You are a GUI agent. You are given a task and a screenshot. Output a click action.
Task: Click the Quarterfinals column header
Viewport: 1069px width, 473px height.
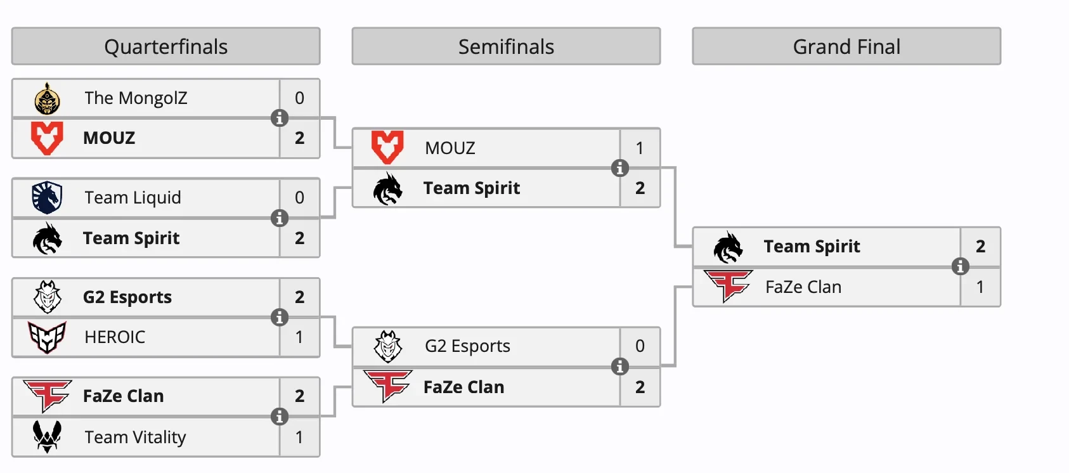click(165, 46)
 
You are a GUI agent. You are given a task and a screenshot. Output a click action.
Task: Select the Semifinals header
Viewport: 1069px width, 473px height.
click(506, 46)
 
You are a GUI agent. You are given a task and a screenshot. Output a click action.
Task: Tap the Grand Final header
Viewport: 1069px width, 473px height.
click(846, 46)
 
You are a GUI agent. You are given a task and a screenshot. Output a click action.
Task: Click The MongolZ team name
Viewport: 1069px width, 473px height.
click(136, 98)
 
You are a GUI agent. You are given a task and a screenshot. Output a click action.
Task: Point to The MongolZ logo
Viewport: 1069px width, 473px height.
click(47, 99)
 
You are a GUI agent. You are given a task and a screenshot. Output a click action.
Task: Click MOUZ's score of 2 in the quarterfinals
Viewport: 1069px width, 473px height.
click(300, 138)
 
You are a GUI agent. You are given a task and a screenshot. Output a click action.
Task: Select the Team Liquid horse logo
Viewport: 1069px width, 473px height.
click(47, 198)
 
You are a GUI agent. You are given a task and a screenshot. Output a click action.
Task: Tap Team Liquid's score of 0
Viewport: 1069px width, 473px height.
click(300, 198)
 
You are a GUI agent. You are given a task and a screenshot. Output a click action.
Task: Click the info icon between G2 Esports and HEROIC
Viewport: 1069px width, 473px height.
click(280, 317)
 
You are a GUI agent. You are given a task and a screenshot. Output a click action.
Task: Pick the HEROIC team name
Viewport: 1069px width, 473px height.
click(115, 337)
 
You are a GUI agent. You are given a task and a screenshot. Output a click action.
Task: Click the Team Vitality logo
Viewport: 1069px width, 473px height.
click(47, 437)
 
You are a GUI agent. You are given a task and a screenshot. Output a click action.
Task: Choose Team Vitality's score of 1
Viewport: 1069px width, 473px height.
click(300, 437)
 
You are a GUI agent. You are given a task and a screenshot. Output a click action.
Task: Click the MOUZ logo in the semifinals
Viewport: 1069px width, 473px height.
click(387, 148)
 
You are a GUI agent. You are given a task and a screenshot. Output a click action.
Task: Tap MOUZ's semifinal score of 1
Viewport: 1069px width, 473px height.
click(640, 148)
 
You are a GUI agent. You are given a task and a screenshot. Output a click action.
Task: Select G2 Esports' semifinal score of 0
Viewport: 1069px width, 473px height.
click(640, 346)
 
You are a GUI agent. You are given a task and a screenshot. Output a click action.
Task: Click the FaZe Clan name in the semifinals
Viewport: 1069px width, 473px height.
click(463, 387)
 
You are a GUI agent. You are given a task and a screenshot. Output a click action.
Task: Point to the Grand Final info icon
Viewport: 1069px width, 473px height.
click(961, 266)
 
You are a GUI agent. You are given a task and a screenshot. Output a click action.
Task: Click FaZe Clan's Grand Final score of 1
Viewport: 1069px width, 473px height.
click(980, 287)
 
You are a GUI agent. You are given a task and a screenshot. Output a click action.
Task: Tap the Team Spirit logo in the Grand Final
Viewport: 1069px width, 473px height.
click(728, 247)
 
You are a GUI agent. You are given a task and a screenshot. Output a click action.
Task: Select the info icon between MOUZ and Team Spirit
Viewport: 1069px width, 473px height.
click(620, 168)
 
